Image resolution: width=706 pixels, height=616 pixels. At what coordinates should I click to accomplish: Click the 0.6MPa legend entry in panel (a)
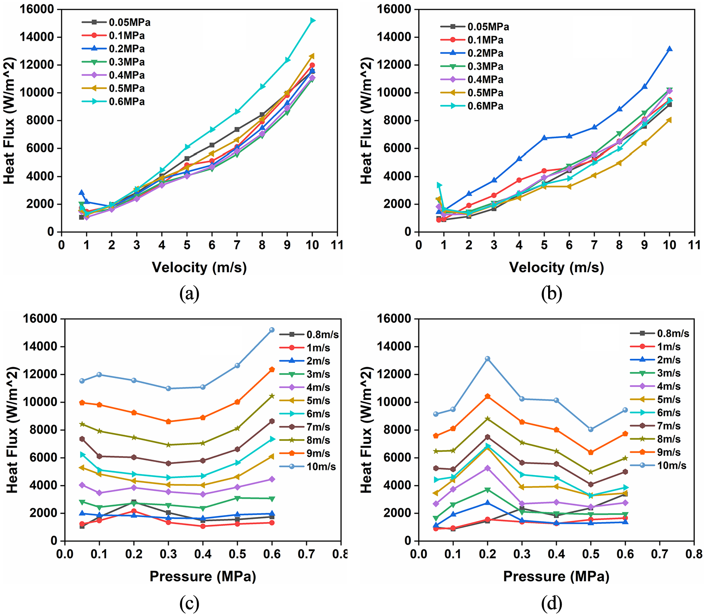[113, 102]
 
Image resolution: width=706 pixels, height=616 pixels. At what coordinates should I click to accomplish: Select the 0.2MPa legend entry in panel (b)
[472, 53]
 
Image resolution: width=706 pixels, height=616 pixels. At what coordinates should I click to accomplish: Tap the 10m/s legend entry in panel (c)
[308, 467]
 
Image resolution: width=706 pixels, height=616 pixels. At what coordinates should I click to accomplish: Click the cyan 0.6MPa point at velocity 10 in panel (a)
[313, 20]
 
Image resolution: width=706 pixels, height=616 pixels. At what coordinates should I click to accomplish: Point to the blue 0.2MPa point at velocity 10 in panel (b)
[670, 49]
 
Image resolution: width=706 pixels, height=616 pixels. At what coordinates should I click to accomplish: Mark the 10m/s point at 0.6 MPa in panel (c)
[272, 330]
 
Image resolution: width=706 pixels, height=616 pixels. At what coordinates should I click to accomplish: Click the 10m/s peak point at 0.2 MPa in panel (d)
[488, 359]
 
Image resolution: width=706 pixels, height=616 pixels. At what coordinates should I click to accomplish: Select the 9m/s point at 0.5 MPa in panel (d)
[591, 452]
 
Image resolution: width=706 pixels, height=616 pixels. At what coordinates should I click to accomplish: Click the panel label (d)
[552, 604]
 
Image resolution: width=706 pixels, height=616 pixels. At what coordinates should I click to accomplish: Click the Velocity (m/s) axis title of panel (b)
[556, 267]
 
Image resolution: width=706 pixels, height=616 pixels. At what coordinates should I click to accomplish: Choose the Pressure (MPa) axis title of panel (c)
[203, 576]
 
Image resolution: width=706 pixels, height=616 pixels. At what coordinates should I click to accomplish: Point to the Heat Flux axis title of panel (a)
[10, 121]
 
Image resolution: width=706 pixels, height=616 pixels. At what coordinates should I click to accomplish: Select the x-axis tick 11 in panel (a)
[337, 245]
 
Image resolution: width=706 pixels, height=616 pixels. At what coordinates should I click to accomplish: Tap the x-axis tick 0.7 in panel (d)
[660, 554]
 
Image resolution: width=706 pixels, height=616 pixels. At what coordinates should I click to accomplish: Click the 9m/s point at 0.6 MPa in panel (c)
[272, 370]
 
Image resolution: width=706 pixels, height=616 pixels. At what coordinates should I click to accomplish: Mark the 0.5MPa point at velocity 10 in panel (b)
[670, 119]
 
